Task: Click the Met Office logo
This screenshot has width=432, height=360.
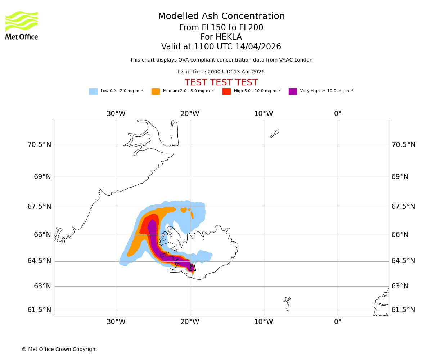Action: (x=22, y=25)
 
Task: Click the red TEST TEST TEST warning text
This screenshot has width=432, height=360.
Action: (x=221, y=83)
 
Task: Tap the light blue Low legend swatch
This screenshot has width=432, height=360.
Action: (x=93, y=91)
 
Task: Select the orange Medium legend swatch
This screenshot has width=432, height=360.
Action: (x=156, y=91)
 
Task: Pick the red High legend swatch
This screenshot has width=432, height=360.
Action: (x=226, y=91)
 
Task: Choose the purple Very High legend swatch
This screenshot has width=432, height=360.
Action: (x=293, y=91)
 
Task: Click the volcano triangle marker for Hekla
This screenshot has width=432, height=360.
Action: (x=193, y=267)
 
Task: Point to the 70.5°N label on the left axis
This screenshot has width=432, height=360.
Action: (x=39, y=145)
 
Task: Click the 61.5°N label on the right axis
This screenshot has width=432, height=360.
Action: (x=404, y=310)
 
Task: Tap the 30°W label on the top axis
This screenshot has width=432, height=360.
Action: (x=116, y=114)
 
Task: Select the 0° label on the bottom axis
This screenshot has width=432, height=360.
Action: (x=338, y=322)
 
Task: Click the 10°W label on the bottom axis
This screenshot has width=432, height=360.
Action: (x=264, y=322)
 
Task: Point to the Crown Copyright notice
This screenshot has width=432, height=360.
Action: (x=59, y=350)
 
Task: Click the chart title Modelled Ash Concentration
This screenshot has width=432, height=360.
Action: (x=221, y=17)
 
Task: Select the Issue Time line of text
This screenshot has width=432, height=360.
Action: (x=221, y=72)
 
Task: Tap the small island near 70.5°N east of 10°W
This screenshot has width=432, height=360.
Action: (x=275, y=134)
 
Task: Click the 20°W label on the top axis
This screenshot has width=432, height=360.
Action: (x=190, y=114)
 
